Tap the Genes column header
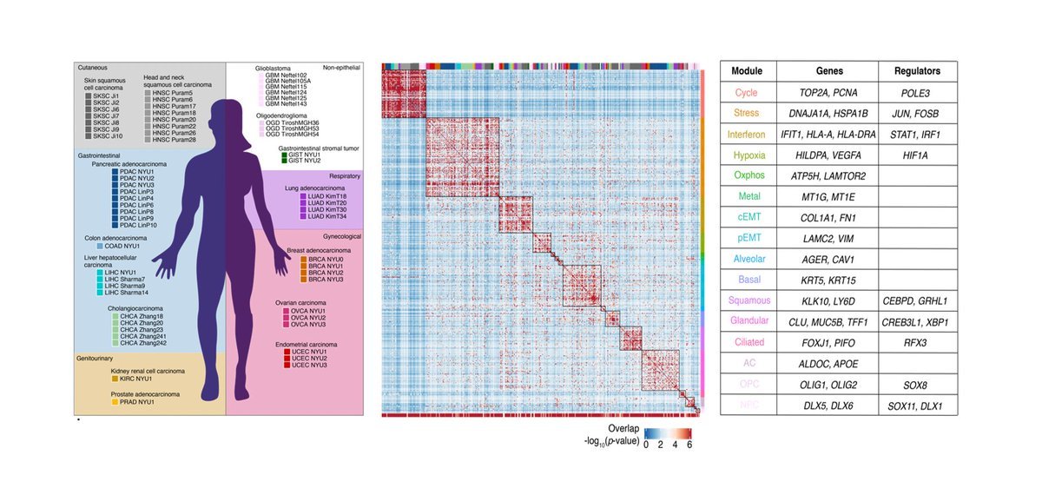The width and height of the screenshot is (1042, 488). pos(828,71)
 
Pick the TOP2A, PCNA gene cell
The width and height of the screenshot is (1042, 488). pos(828,92)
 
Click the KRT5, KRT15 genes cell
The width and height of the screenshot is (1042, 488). pos(828,280)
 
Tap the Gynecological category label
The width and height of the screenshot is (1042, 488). pos(339,236)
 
